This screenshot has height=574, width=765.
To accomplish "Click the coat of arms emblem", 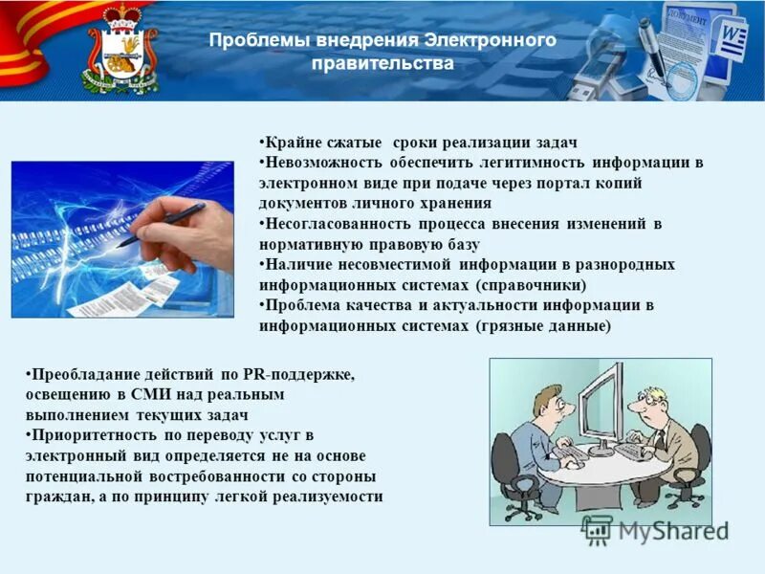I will coord(121,54).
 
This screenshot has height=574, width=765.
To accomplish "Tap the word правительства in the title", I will coord(382,65).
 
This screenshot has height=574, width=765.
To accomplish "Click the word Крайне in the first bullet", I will coord(285,142).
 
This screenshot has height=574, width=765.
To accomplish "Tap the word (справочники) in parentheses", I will coord(531,284).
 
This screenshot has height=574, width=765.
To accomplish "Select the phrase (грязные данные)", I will coord(542,325).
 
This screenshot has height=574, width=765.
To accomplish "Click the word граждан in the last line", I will coord(55,497).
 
